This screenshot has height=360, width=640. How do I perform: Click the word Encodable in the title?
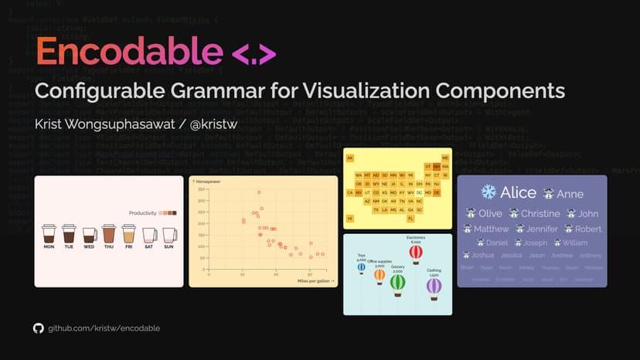coord(128,51)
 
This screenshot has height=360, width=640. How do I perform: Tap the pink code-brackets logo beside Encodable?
coord(254,54)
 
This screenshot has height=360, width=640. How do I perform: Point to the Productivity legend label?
coord(142,212)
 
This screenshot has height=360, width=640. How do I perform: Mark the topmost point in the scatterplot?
coord(259,192)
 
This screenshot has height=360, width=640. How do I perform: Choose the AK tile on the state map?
coord(350,158)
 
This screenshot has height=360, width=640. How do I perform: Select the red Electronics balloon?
coord(416,252)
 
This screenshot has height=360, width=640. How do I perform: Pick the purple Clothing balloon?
coord(434,287)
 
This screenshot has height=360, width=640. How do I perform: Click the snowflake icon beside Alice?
coord(489,192)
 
